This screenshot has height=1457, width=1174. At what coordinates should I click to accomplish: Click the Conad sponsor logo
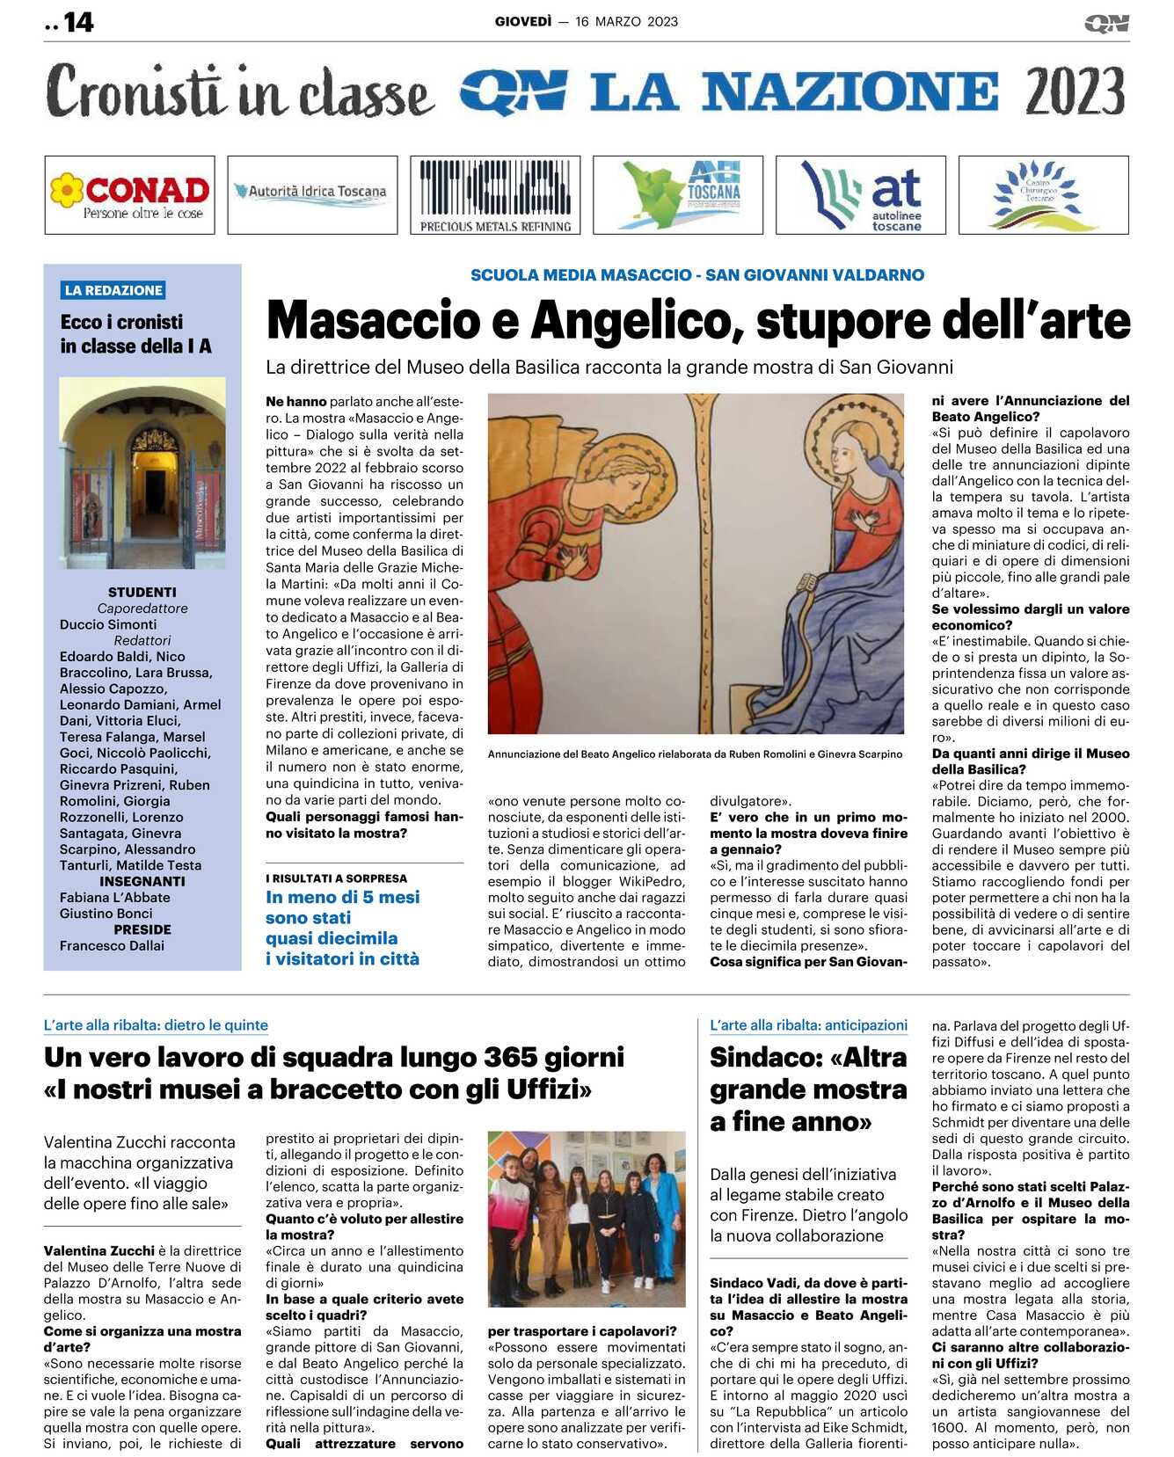click(129, 195)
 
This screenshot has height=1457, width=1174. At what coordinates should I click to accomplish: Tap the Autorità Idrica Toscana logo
click(312, 194)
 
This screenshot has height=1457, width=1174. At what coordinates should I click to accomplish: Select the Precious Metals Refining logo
click(495, 195)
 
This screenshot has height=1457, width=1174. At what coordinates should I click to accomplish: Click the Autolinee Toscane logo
click(860, 195)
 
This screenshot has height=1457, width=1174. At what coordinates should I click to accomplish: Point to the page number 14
click(78, 22)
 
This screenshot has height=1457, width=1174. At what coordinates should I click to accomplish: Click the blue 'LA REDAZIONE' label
click(113, 290)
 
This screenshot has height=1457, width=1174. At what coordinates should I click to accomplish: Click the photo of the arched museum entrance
click(142, 472)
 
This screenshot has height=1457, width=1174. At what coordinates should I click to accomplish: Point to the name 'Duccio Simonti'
click(108, 624)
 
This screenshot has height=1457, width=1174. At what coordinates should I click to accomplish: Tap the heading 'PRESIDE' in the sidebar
click(142, 929)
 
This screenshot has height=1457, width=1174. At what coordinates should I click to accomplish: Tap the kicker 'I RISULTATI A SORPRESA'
click(337, 878)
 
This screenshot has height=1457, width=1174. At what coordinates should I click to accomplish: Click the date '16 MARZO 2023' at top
click(626, 22)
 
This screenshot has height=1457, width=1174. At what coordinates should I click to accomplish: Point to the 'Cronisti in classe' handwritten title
click(240, 91)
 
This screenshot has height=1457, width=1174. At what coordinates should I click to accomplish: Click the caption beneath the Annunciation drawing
click(695, 754)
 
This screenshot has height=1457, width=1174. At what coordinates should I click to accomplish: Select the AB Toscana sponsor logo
click(678, 195)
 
